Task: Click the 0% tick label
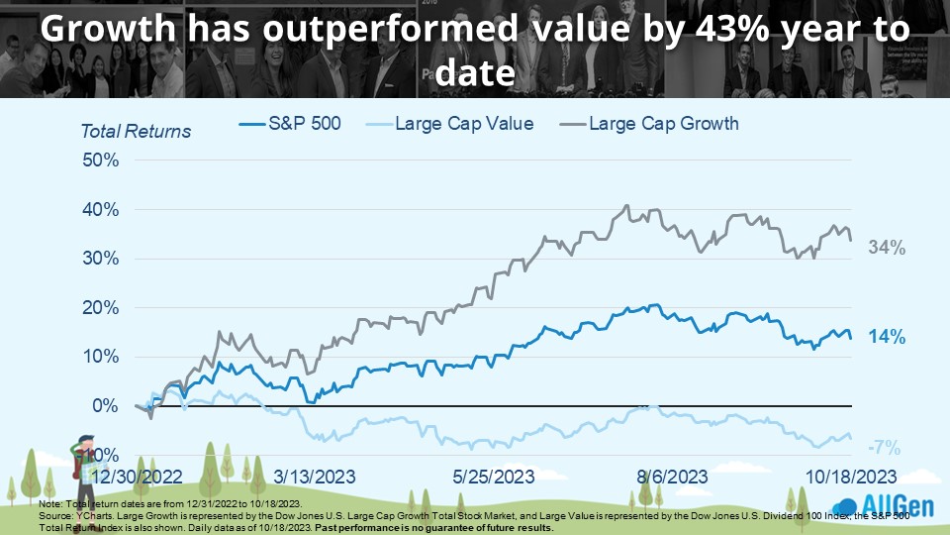(x=105, y=406)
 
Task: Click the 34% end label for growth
(x=888, y=249)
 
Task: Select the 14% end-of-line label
(x=888, y=338)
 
